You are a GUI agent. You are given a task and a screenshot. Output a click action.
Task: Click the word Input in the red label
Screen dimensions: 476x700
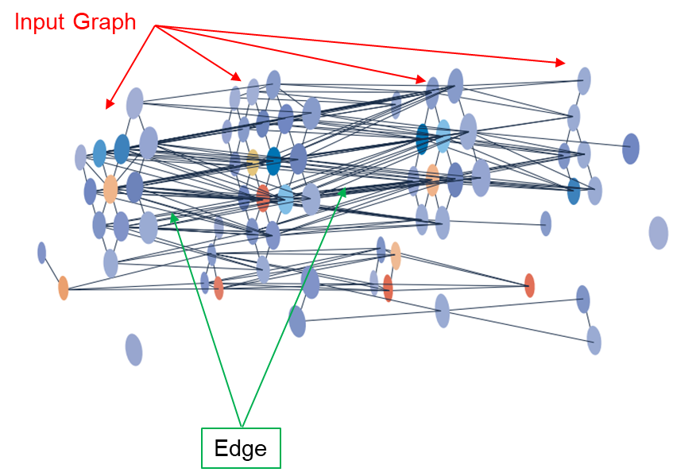pyautogui.click(x=41, y=21)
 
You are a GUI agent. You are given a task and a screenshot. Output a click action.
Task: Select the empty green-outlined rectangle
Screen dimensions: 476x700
pyautogui.click(x=241, y=448)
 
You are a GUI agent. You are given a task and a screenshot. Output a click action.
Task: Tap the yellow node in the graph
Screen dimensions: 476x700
pyautogui.click(x=253, y=161)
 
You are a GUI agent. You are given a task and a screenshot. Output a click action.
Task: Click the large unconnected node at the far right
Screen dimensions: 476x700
pyautogui.click(x=658, y=233)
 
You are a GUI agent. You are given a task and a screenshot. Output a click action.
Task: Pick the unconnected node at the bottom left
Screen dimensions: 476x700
pyautogui.click(x=133, y=350)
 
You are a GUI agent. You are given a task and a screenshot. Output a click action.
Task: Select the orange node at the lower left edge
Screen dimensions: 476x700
pyautogui.click(x=64, y=288)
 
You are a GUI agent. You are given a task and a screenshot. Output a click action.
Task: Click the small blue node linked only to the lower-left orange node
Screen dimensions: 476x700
pyautogui.click(x=41, y=253)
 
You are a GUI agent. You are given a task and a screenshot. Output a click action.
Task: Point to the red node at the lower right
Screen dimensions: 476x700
pyautogui.click(x=529, y=285)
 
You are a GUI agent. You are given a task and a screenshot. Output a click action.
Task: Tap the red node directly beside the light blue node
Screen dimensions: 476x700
pyautogui.click(x=263, y=197)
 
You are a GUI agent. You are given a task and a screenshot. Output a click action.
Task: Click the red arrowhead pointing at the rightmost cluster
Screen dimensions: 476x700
pyautogui.click(x=561, y=62)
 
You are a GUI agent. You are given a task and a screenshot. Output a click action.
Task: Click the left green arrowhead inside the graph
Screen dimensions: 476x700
pyautogui.click(x=172, y=215)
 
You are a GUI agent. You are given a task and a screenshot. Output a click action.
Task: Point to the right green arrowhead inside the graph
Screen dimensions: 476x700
pyautogui.click(x=342, y=192)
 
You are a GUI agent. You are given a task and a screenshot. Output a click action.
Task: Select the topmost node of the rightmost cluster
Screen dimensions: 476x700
pyautogui.click(x=584, y=80)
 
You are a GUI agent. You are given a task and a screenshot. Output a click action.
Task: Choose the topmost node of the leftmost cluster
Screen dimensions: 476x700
pyautogui.click(x=135, y=103)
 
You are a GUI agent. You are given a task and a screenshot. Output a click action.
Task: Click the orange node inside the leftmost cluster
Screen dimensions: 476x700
pyautogui.click(x=110, y=189)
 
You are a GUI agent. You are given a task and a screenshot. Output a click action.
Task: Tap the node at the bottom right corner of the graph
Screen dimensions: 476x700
pyautogui.click(x=594, y=340)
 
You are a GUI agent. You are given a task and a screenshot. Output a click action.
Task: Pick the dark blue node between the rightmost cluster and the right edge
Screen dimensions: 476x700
pyautogui.click(x=631, y=149)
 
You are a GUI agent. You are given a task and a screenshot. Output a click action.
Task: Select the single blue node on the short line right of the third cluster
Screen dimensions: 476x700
pyautogui.click(x=546, y=223)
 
